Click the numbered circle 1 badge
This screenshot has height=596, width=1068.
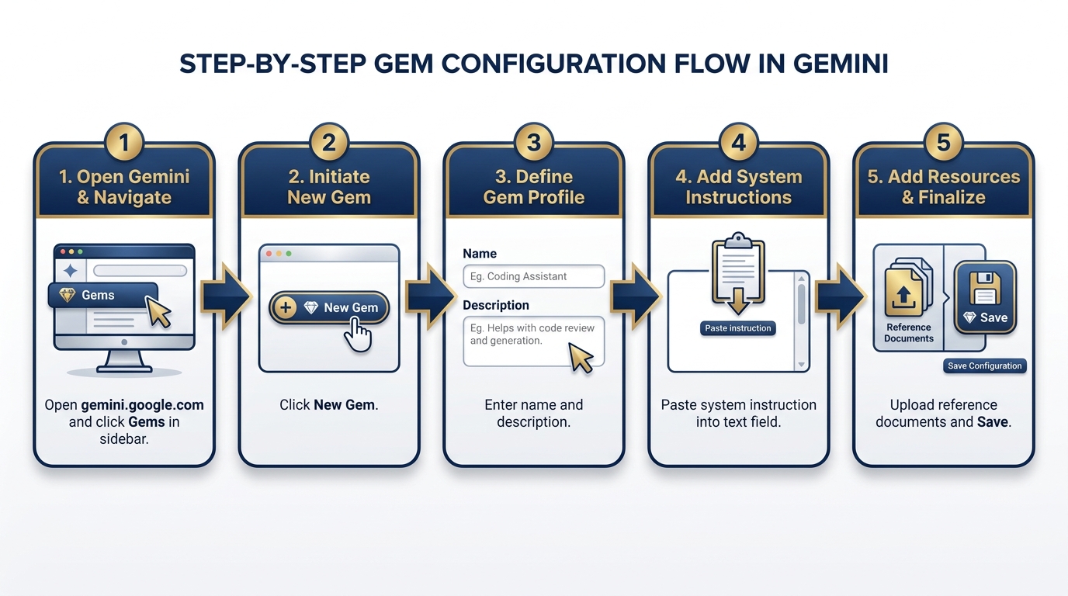(124, 143)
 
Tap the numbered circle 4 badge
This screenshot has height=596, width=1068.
(738, 143)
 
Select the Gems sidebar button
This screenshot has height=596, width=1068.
(101, 295)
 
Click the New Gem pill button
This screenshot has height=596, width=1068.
(329, 308)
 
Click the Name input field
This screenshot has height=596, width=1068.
(533, 276)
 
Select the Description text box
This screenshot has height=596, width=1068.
(533, 341)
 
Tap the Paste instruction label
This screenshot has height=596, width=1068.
(737, 328)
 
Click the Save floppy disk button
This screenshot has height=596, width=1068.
(985, 298)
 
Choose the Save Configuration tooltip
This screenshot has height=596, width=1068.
(984, 366)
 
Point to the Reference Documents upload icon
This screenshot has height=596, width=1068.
(904, 295)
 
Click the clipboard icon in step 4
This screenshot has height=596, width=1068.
(737, 273)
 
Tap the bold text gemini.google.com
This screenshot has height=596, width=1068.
(142, 405)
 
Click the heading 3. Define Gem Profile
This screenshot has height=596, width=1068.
(533, 187)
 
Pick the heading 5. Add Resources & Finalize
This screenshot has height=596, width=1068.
(943, 187)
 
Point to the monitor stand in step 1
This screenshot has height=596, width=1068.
(123, 362)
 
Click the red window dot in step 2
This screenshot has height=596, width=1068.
(269, 254)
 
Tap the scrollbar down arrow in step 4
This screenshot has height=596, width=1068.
(801, 364)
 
